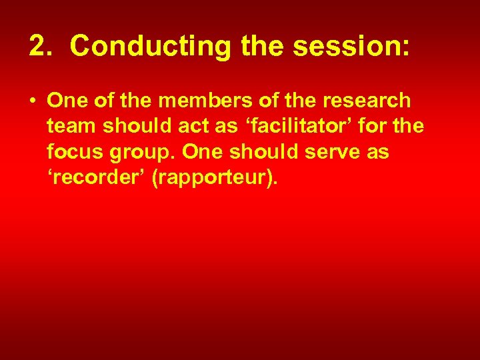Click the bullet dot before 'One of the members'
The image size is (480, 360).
(32, 101)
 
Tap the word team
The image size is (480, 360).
(71, 127)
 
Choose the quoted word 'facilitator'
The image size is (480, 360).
(293, 127)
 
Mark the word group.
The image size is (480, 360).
(141, 153)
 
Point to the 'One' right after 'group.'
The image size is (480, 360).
(203, 152)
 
